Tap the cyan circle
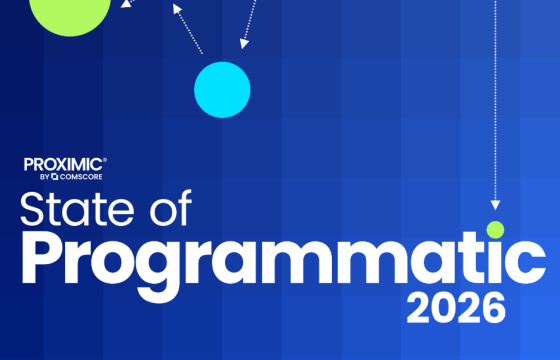(222, 89)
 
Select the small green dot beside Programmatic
(494, 229)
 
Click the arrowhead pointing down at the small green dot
(494, 205)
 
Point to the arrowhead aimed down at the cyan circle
(242, 43)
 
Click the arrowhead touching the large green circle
(125, 4)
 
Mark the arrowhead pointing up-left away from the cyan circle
(176, 8)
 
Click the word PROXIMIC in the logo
(62, 163)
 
